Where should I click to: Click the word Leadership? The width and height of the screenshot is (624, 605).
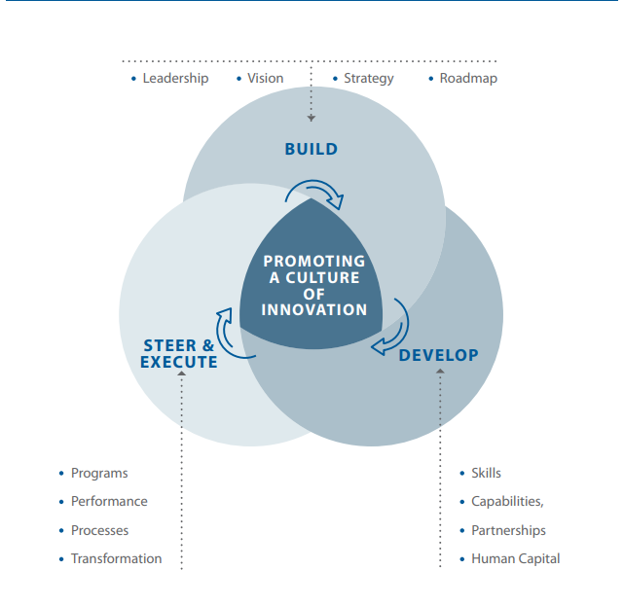click(175, 78)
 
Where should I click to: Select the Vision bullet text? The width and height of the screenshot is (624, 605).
click(265, 78)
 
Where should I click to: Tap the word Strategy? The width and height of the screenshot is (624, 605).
click(368, 78)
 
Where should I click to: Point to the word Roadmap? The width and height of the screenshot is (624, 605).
click(467, 78)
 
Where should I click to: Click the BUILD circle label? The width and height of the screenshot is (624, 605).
click(312, 149)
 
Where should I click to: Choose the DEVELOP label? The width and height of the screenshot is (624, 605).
click(438, 355)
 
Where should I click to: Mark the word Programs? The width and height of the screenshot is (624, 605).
click(99, 474)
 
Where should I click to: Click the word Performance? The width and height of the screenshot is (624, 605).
click(109, 502)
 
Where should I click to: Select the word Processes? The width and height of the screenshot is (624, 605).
click(99, 531)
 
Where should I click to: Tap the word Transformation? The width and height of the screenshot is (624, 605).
click(116, 559)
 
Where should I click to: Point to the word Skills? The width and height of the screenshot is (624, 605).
click(486, 474)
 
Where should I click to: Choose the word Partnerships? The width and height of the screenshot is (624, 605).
click(508, 531)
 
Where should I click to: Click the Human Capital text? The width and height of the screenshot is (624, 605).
click(515, 559)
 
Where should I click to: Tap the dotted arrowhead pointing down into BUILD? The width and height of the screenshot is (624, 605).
click(312, 118)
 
